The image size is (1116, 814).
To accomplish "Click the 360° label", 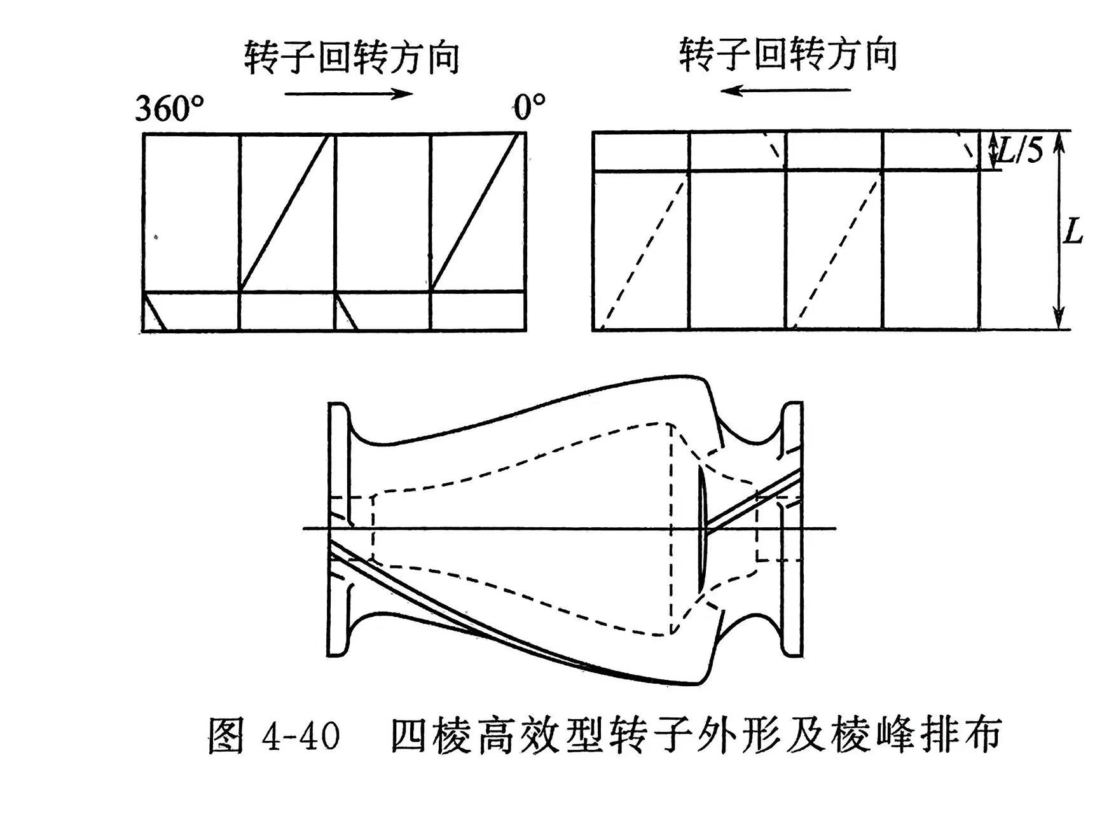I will click(170, 109).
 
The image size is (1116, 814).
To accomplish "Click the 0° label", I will click(530, 108).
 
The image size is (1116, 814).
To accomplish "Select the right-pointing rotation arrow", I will click(349, 94).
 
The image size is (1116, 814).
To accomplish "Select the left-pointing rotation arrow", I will click(785, 90).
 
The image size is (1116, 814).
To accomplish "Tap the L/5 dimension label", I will click(1020, 151).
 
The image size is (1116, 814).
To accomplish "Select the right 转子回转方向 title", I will click(788, 55).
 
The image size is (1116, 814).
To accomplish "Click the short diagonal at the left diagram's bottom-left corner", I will click(154, 312).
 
